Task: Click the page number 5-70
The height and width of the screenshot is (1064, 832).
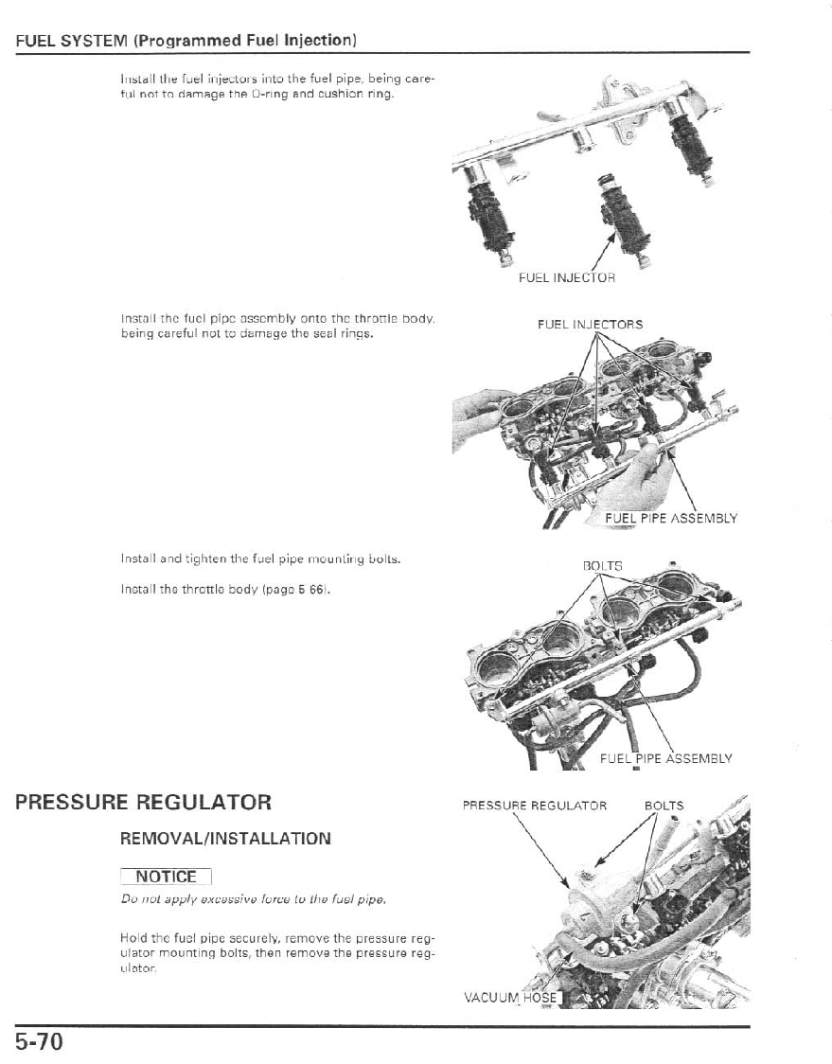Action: [39, 1043]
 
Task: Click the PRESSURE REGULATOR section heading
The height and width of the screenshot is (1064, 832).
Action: [143, 802]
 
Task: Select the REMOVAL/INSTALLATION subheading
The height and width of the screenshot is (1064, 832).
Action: [225, 839]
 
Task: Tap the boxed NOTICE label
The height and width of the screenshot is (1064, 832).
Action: [166, 877]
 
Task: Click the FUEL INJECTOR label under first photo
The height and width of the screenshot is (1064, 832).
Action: [567, 278]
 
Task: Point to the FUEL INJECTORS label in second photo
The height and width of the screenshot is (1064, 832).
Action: [590, 325]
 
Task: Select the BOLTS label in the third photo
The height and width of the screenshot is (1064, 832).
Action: [602, 566]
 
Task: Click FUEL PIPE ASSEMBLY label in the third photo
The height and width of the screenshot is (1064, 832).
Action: [666, 758]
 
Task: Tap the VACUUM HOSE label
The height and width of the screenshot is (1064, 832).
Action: [512, 997]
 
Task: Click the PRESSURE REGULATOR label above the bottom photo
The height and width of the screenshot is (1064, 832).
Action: [534, 806]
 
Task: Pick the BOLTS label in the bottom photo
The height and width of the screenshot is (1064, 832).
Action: [664, 806]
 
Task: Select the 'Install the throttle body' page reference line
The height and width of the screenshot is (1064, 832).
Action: [224, 590]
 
